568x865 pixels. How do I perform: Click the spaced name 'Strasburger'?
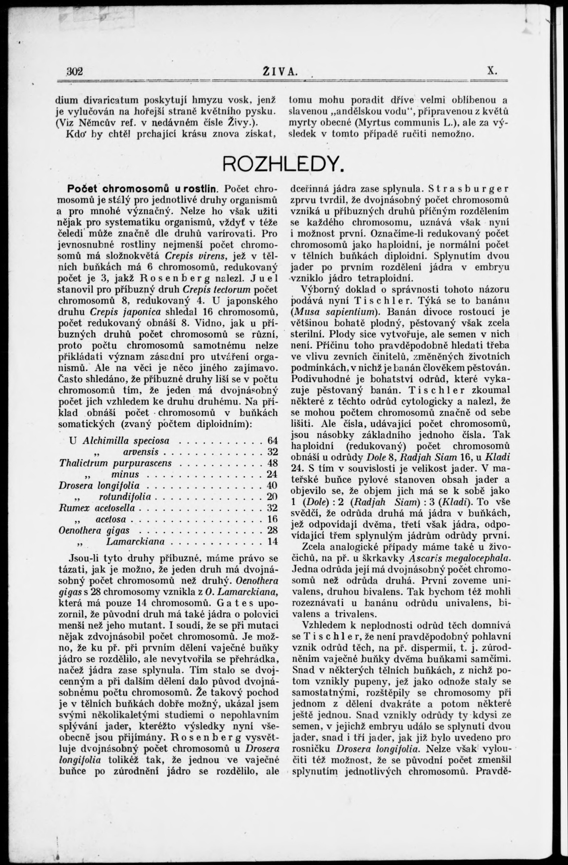(x=468, y=189)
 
